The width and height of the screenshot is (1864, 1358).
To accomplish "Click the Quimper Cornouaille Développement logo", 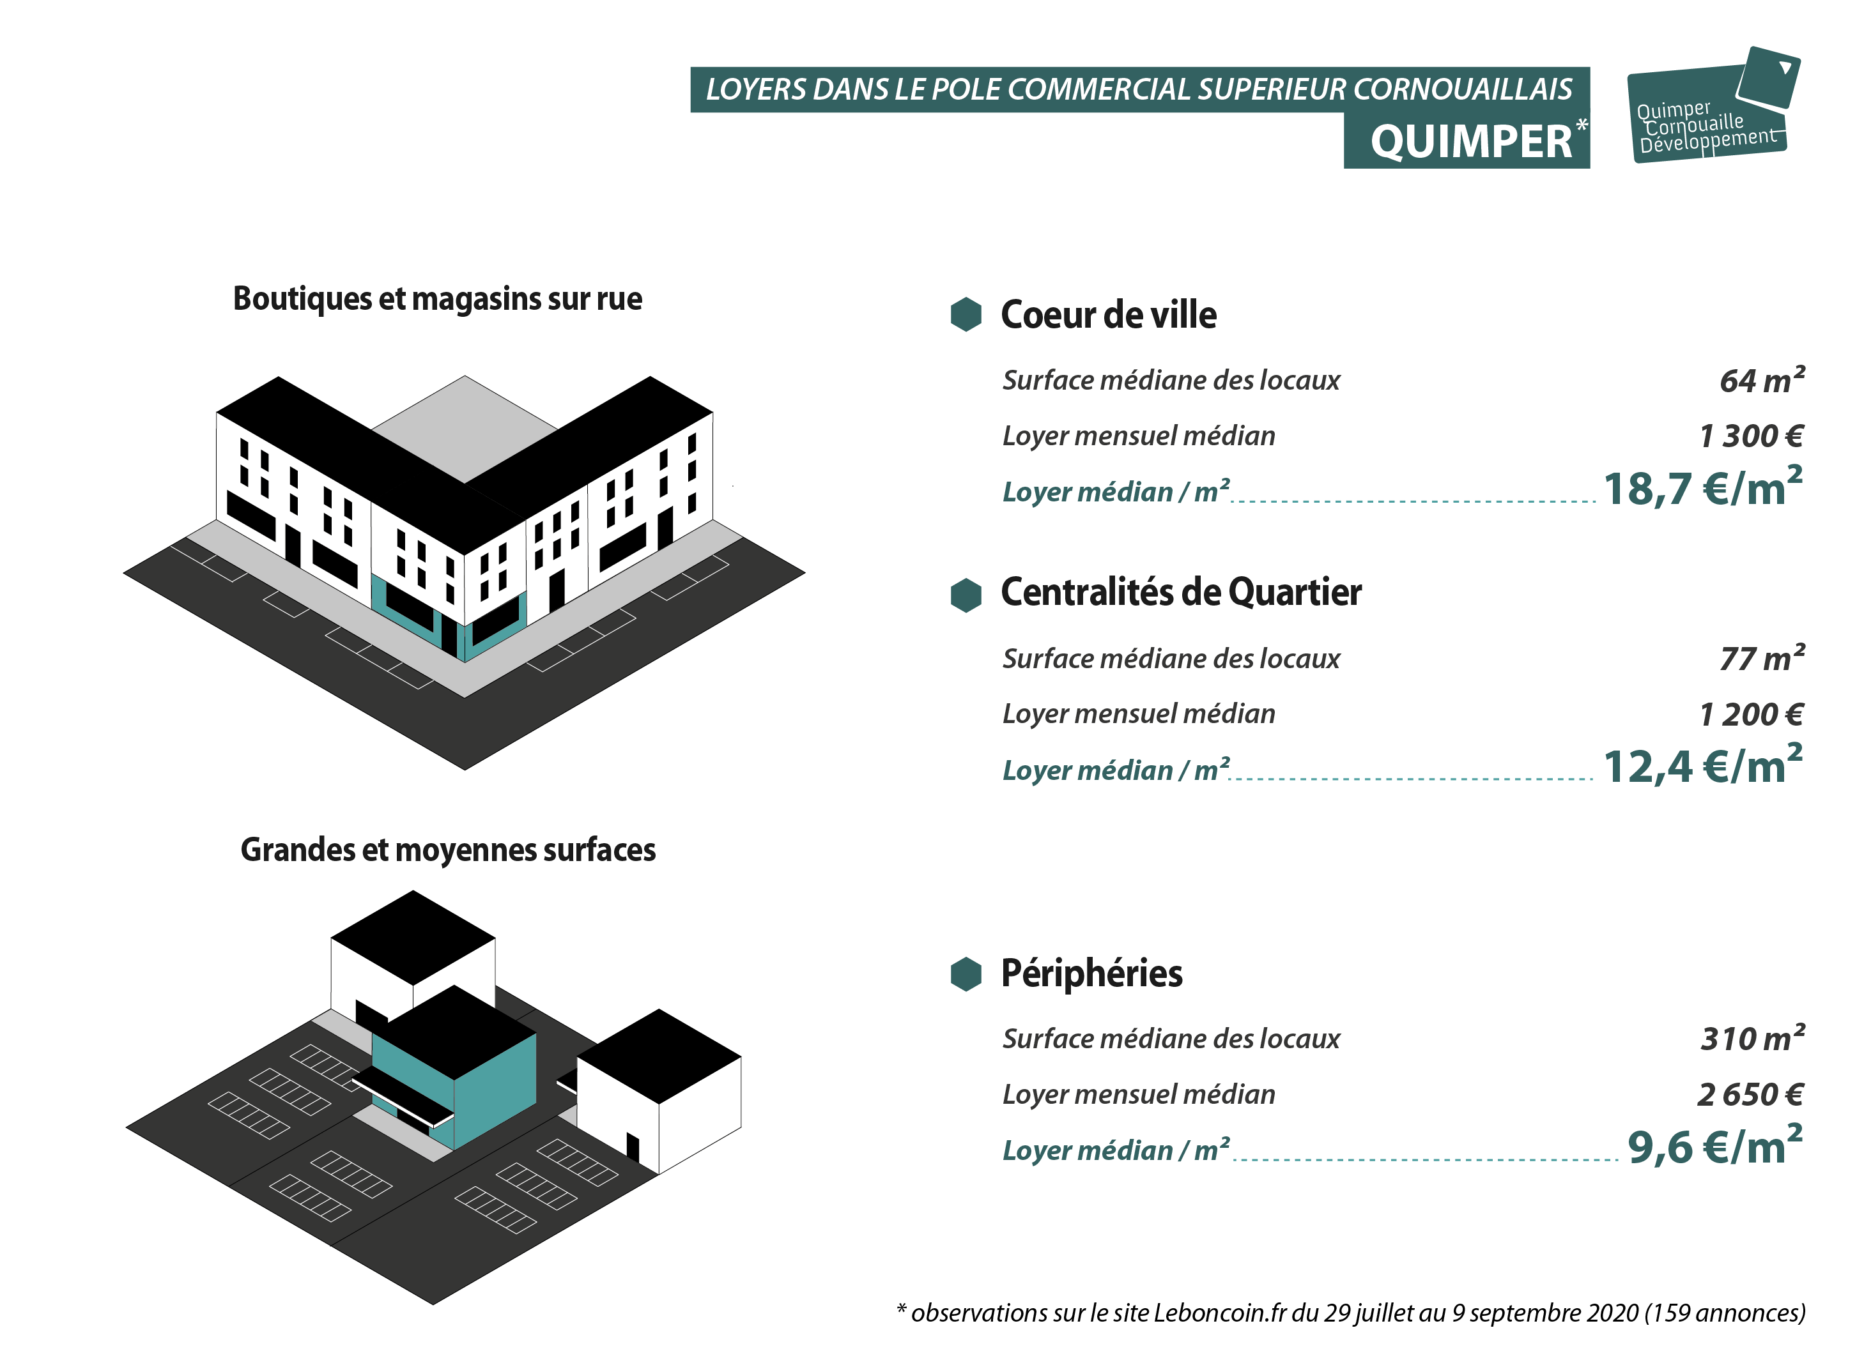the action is tap(1713, 105).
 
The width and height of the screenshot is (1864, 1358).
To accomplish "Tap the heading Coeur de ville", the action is tap(1109, 315).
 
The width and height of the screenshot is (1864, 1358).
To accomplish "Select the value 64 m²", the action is tap(1762, 380).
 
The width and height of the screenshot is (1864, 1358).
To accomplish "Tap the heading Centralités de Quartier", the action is tap(1181, 593).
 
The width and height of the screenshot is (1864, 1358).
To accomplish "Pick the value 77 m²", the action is tap(1762, 658).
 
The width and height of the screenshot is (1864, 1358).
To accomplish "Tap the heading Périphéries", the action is tap(1091, 973).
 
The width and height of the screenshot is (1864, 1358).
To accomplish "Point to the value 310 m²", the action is tap(1753, 1038).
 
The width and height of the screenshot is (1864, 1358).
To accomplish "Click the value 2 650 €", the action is tap(1750, 1095).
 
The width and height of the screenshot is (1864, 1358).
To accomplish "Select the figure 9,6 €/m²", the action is tap(1715, 1145).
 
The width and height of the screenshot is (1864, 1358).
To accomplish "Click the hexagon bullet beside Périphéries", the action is tap(966, 974).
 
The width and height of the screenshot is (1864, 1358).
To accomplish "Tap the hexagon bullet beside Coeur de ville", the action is tap(966, 314).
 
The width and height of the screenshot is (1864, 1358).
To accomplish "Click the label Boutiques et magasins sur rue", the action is tap(438, 299).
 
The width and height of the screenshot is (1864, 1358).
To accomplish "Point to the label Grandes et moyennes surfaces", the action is tap(448, 850).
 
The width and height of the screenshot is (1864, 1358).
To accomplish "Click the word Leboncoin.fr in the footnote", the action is tap(1219, 1313).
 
